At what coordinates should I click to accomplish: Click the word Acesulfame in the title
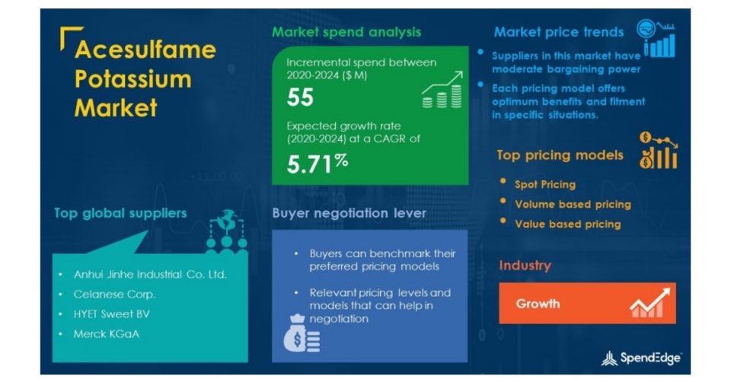coord(145,49)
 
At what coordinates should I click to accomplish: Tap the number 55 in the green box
coord(300,97)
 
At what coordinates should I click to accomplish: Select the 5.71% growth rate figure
coord(318,164)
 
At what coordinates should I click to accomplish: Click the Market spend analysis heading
coord(346,32)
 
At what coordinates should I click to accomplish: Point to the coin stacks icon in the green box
coord(442,90)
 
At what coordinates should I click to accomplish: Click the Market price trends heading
coord(558,32)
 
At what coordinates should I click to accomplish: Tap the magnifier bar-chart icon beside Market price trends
coord(656,38)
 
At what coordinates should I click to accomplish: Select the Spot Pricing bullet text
coord(545,184)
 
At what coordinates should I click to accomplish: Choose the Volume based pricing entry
coord(573,204)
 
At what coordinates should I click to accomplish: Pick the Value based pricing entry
coord(568,224)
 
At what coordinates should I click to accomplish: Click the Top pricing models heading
coord(560,155)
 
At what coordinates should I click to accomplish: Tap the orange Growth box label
coord(538,304)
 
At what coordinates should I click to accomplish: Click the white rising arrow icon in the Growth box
coord(650,303)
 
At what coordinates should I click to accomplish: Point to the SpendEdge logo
coord(641,358)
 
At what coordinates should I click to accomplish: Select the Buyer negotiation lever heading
coord(350,213)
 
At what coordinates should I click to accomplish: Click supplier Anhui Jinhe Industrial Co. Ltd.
coord(150,275)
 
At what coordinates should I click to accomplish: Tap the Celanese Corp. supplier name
coord(115,294)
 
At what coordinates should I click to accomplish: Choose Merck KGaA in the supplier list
coord(107,334)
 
